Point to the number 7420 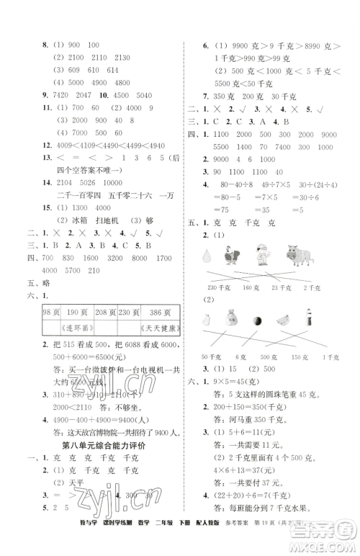click(x=65, y=95)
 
